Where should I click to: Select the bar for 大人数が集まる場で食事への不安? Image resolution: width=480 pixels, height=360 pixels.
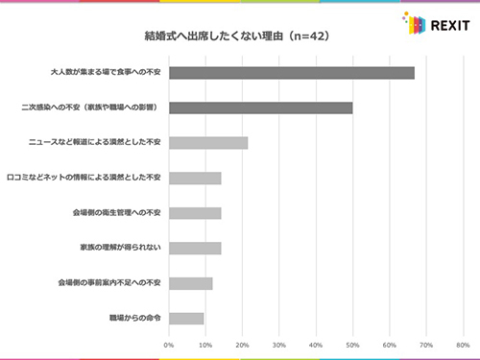(292, 73)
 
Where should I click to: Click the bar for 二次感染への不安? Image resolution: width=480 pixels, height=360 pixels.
(261, 108)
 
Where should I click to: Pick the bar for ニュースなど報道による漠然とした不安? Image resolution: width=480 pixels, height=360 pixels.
(208, 143)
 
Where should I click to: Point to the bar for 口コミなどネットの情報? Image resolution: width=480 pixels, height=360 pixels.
(195, 178)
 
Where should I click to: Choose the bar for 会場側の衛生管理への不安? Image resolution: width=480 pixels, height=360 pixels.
(195, 213)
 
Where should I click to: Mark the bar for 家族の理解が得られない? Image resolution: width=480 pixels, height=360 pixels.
(195, 248)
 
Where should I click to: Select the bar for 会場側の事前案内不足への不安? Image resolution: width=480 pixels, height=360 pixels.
(190, 283)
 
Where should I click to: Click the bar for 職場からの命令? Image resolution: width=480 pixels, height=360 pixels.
(186, 318)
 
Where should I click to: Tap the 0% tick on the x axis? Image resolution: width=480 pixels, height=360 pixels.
(169, 344)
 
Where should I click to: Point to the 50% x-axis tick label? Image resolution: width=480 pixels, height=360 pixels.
(352, 344)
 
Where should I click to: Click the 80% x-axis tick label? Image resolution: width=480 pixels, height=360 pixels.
(463, 344)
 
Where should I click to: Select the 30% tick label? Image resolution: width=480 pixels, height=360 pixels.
(279, 344)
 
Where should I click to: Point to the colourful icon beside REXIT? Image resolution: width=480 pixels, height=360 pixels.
(411, 22)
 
